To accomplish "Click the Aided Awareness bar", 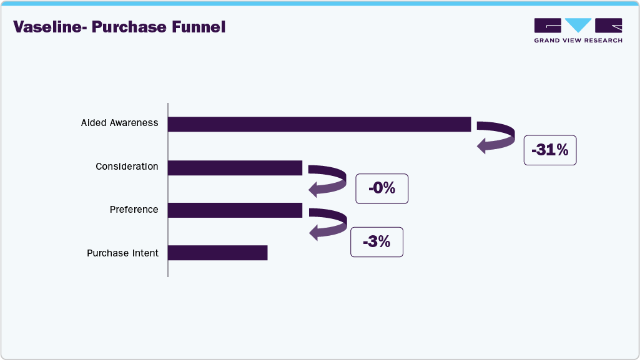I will tap(319, 124).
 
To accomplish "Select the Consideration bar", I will tap(235, 168).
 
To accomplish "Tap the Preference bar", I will tap(235, 210).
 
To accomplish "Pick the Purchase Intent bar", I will tap(217, 253).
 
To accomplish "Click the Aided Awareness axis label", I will tap(119, 124).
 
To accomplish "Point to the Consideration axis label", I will tap(127, 167).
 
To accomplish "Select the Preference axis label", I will tap(134, 210).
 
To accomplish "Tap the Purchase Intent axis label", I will tap(122, 253).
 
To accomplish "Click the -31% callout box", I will tap(549, 150).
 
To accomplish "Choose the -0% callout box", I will tap(382, 188).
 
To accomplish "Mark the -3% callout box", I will tap(377, 242).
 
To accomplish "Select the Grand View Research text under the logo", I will tap(578, 41).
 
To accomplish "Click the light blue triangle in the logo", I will tap(578, 25).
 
